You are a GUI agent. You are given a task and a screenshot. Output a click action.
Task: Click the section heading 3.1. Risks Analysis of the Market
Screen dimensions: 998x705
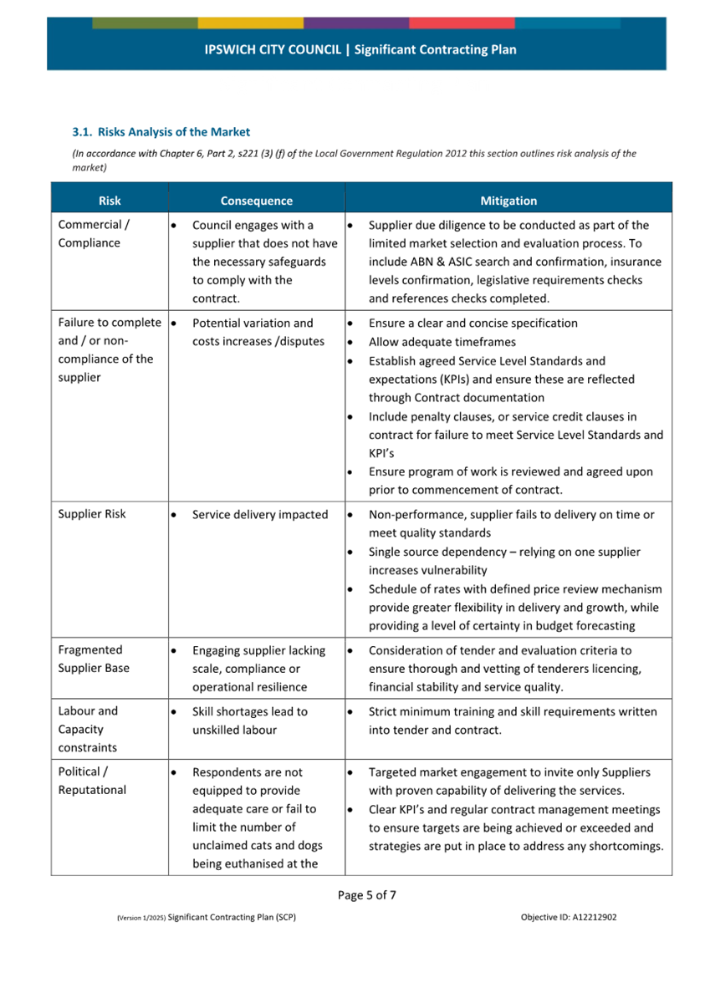pos(161,132)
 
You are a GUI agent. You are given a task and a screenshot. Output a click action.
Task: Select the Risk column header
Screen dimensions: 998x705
pos(110,201)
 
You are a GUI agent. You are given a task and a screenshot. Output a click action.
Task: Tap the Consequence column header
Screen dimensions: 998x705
pos(257,201)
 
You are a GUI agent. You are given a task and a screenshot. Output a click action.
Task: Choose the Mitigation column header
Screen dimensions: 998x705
pos(508,201)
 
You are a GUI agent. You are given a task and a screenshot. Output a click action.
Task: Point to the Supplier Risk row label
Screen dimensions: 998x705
pos(92,514)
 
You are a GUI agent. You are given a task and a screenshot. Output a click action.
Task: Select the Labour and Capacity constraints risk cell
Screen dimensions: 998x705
pos(88,729)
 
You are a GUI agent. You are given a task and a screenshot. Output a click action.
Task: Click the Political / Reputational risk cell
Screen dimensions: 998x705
pos(92,781)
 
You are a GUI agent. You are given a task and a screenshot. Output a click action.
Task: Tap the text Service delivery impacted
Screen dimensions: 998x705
pos(260,515)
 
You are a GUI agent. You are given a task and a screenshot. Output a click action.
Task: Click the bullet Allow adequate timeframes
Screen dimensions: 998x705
pos(442,342)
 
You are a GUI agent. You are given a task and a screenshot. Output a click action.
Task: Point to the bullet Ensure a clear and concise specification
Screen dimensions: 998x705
pos(473,323)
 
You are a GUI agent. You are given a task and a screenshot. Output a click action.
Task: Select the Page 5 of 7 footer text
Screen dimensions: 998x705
pos(367,895)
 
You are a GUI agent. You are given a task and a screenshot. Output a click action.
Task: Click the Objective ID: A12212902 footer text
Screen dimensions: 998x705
pos(569,917)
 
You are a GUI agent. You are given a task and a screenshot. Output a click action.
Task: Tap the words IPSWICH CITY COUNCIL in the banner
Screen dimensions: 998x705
pos(273,49)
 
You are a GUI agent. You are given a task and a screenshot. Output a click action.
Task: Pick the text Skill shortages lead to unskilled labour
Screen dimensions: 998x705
pos(250,720)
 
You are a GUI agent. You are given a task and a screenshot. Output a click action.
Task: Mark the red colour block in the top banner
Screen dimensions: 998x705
pos(462,23)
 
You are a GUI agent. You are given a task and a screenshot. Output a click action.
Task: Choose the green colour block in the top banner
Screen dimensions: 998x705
pos(145,23)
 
